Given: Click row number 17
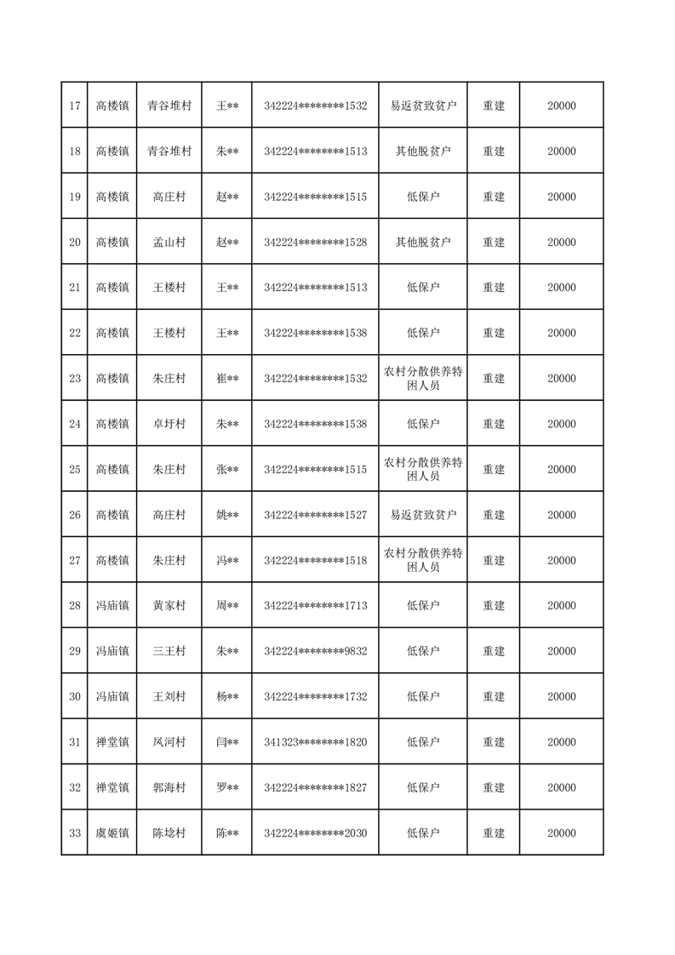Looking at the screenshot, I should click(74, 106).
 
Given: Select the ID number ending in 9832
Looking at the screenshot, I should click(315, 651).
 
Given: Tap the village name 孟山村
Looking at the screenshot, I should click(169, 243).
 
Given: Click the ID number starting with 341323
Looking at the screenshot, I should click(315, 742).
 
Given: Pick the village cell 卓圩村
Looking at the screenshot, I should click(169, 424).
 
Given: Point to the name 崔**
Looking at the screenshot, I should click(226, 379).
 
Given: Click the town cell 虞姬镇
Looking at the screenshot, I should click(112, 833).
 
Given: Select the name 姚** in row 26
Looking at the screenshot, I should click(226, 515).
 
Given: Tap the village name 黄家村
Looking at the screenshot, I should click(169, 606).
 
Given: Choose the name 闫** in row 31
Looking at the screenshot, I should click(226, 742).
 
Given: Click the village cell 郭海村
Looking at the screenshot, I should click(169, 788).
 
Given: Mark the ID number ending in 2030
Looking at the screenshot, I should click(315, 833).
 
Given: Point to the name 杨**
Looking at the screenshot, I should click(226, 697).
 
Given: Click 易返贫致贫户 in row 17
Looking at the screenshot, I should click(423, 106).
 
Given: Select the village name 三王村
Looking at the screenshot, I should click(169, 651).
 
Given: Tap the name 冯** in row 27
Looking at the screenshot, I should click(226, 561).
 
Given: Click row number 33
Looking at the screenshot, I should click(74, 833).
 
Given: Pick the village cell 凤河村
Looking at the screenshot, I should click(169, 742).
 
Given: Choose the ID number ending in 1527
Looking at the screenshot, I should click(315, 515).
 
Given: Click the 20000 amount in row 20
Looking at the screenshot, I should click(561, 243).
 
